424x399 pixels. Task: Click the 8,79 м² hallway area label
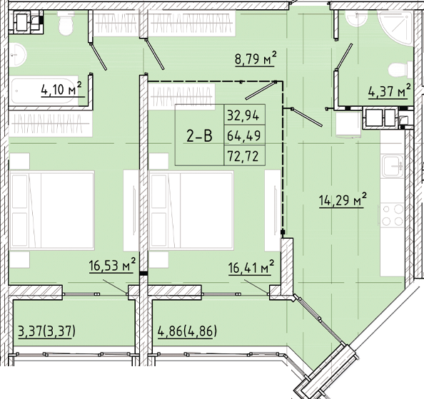coord(256,60)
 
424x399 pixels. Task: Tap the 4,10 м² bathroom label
coord(61,89)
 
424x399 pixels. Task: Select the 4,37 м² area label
coord(389,90)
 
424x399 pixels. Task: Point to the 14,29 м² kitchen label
coord(342,199)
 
